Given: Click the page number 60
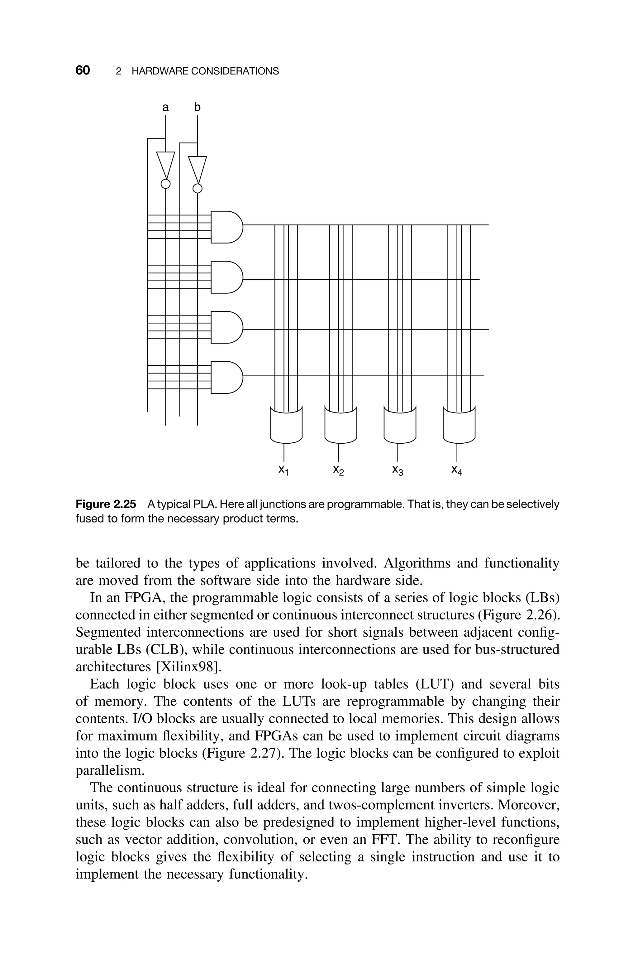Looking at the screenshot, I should click(83, 70).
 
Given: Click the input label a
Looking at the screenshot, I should click(165, 108).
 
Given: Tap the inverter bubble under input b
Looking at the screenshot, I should click(197, 189).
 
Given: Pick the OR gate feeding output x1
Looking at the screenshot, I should click(286, 426).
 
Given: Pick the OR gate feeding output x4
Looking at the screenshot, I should click(459, 426).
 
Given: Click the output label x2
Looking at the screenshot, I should click(339, 470).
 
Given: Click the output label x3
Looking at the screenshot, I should click(398, 470).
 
